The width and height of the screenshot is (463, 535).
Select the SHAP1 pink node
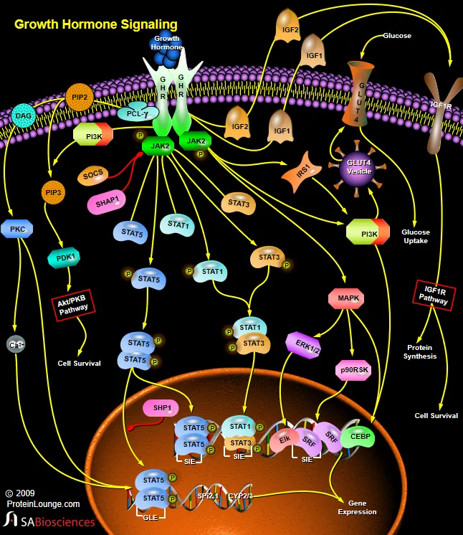coord(107,202)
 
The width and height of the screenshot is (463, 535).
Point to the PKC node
coord(17,230)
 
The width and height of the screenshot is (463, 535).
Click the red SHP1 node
coord(161,408)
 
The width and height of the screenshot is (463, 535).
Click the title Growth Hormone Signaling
coord(96,24)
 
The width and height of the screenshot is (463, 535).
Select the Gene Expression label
coord(357,507)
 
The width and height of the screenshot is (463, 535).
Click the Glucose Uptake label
coord(415,237)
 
